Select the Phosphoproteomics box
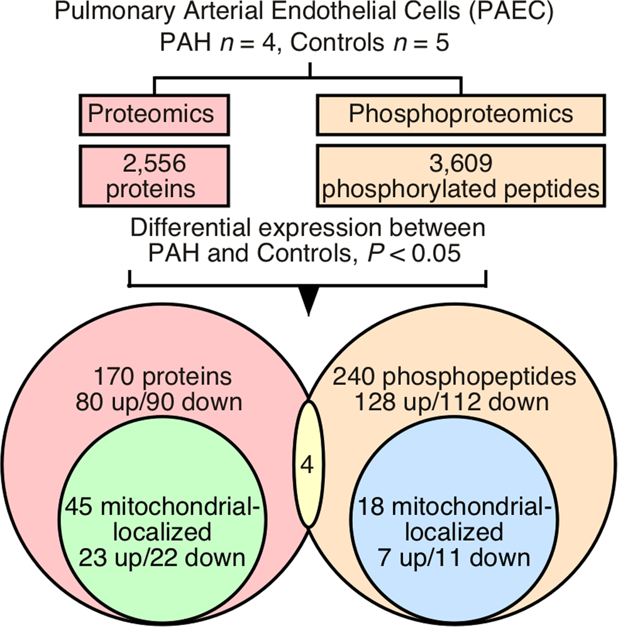(x=461, y=114)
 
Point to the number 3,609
(x=461, y=165)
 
